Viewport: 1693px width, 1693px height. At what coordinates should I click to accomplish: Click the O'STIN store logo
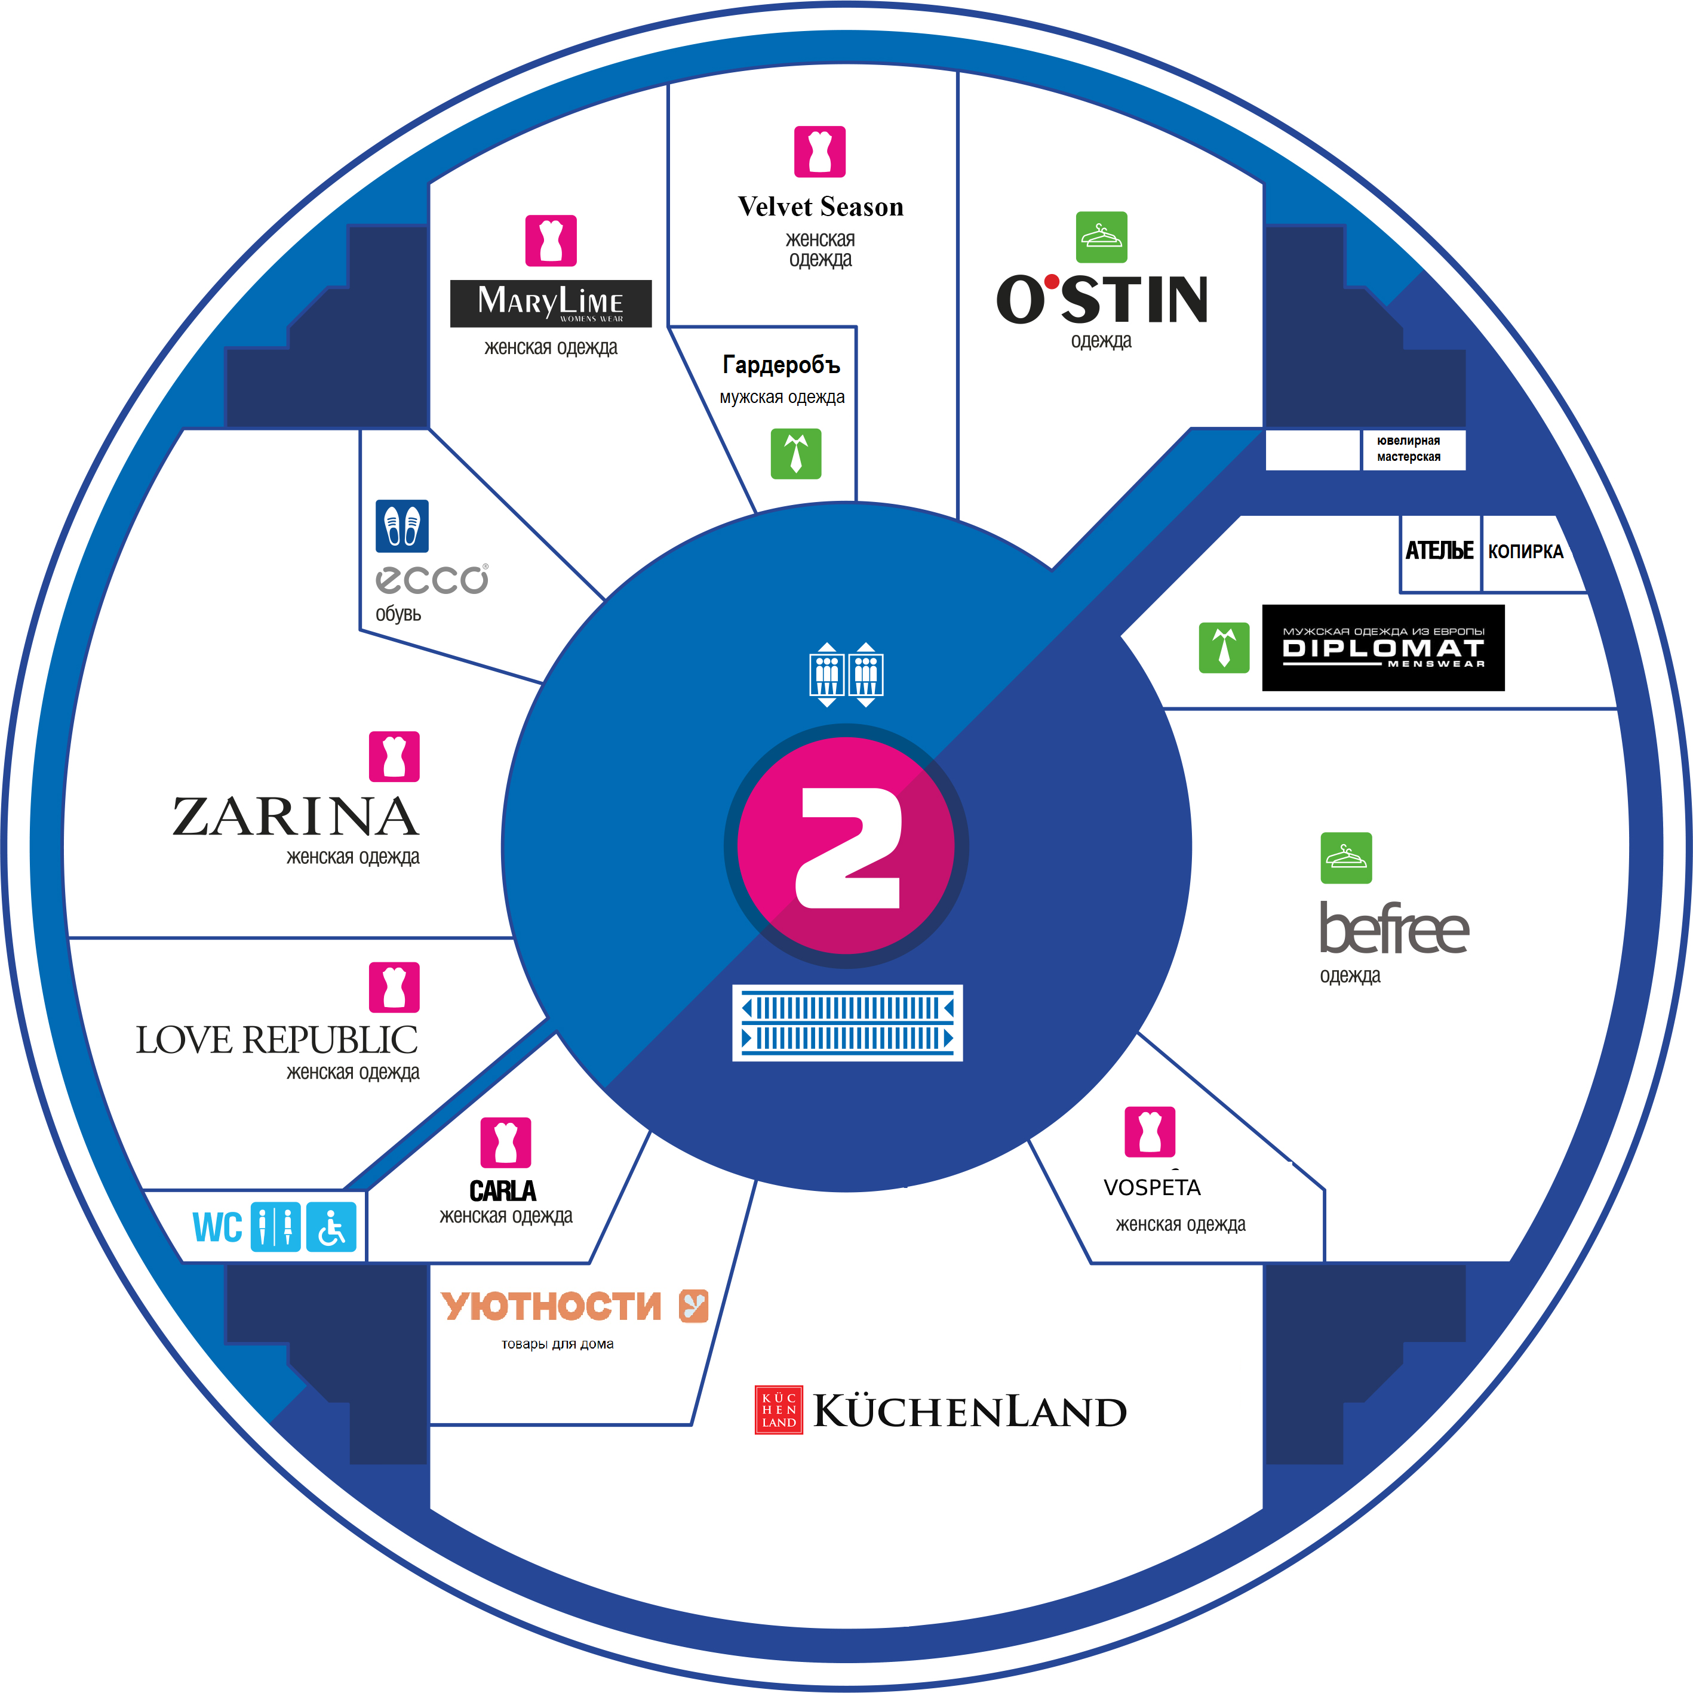click(1101, 299)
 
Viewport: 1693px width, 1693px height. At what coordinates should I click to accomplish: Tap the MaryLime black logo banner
click(551, 303)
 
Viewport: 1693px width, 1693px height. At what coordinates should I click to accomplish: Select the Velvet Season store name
click(820, 207)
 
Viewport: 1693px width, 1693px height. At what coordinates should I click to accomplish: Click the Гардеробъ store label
click(781, 365)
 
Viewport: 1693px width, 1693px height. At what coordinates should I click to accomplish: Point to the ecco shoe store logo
click(431, 579)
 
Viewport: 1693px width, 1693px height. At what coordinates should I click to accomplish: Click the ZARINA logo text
click(296, 816)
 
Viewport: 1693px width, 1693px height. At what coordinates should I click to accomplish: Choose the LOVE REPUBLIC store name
click(276, 1040)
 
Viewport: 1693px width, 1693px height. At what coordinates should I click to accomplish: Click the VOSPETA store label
click(1151, 1187)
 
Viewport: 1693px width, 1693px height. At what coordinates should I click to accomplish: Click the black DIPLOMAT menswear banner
click(1382, 648)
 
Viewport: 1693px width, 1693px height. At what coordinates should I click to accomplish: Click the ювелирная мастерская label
click(1408, 449)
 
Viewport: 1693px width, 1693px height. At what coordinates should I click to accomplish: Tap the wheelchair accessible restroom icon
click(331, 1227)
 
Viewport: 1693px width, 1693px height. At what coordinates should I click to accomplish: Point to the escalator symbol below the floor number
click(847, 1023)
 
